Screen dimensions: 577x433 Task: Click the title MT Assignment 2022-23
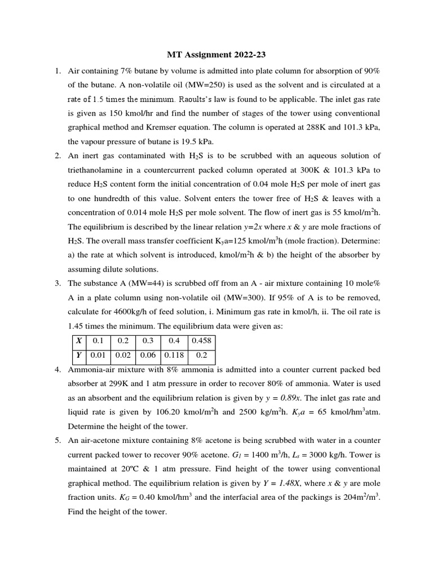point(216,55)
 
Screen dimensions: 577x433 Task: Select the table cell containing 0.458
point(204,341)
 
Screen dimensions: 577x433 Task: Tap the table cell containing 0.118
point(175,356)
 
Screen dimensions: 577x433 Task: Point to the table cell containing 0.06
point(148,356)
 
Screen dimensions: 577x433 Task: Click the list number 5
point(57,440)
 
